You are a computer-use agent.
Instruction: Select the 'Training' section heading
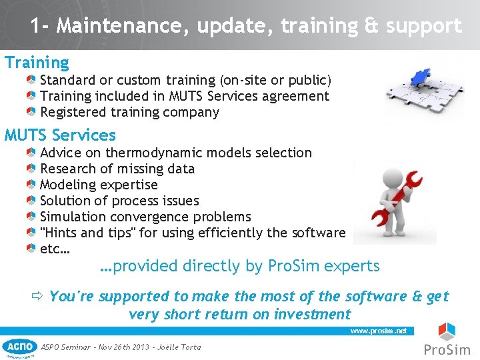coord(37,63)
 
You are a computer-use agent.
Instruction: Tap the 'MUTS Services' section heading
coord(60,135)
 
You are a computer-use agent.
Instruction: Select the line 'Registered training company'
coord(129,113)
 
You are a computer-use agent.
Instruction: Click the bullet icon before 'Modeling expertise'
coord(31,185)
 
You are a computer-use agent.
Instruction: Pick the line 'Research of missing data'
coord(117,169)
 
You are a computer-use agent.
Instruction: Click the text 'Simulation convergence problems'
coord(145,217)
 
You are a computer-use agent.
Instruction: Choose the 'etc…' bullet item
coord(55,249)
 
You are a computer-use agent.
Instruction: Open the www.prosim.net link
coord(378,331)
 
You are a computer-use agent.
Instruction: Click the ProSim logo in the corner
coord(447,340)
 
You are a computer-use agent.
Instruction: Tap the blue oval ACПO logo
coord(20,347)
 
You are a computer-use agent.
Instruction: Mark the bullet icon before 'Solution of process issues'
coord(31,201)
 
